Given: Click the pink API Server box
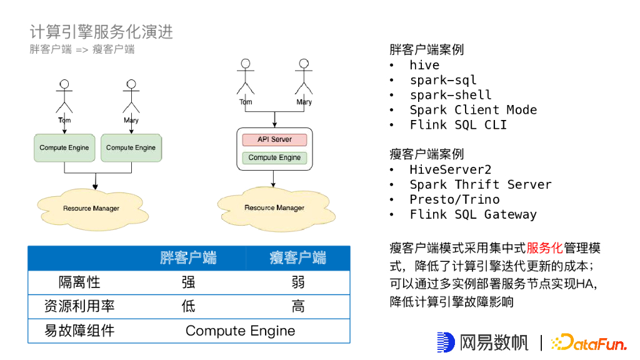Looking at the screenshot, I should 274,139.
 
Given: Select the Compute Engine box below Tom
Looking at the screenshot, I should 64,147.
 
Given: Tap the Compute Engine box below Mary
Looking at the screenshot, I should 131,147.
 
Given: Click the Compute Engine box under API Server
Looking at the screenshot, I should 274,157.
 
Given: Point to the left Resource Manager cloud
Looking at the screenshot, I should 91,207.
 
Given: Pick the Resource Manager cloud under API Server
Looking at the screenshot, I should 274,207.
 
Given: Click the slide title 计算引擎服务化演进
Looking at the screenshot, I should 101,32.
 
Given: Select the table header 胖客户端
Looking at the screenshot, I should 188,257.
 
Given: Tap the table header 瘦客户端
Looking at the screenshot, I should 298,257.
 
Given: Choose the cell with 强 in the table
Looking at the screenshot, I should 188,282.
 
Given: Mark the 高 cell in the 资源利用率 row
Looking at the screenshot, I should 298,306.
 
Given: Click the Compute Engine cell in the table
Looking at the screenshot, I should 240,331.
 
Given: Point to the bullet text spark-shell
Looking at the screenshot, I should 451,95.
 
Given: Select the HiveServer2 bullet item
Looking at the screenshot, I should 451,169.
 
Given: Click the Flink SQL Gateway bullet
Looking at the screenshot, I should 473,214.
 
